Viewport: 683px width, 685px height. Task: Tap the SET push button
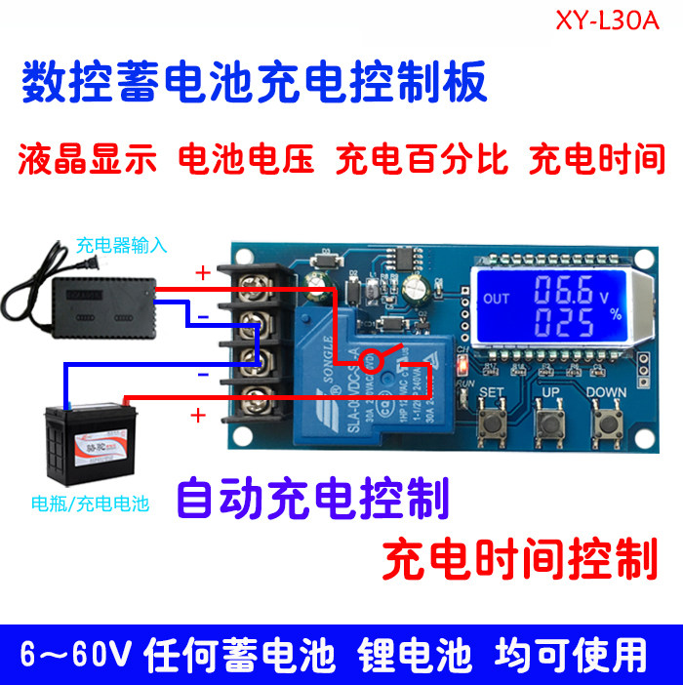(490, 424)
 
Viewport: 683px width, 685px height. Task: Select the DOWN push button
(612, 424)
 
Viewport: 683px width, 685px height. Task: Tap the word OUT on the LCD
(496, 300)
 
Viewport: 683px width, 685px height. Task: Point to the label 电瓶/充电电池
(90, 504)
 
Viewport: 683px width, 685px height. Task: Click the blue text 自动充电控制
(312, 499)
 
